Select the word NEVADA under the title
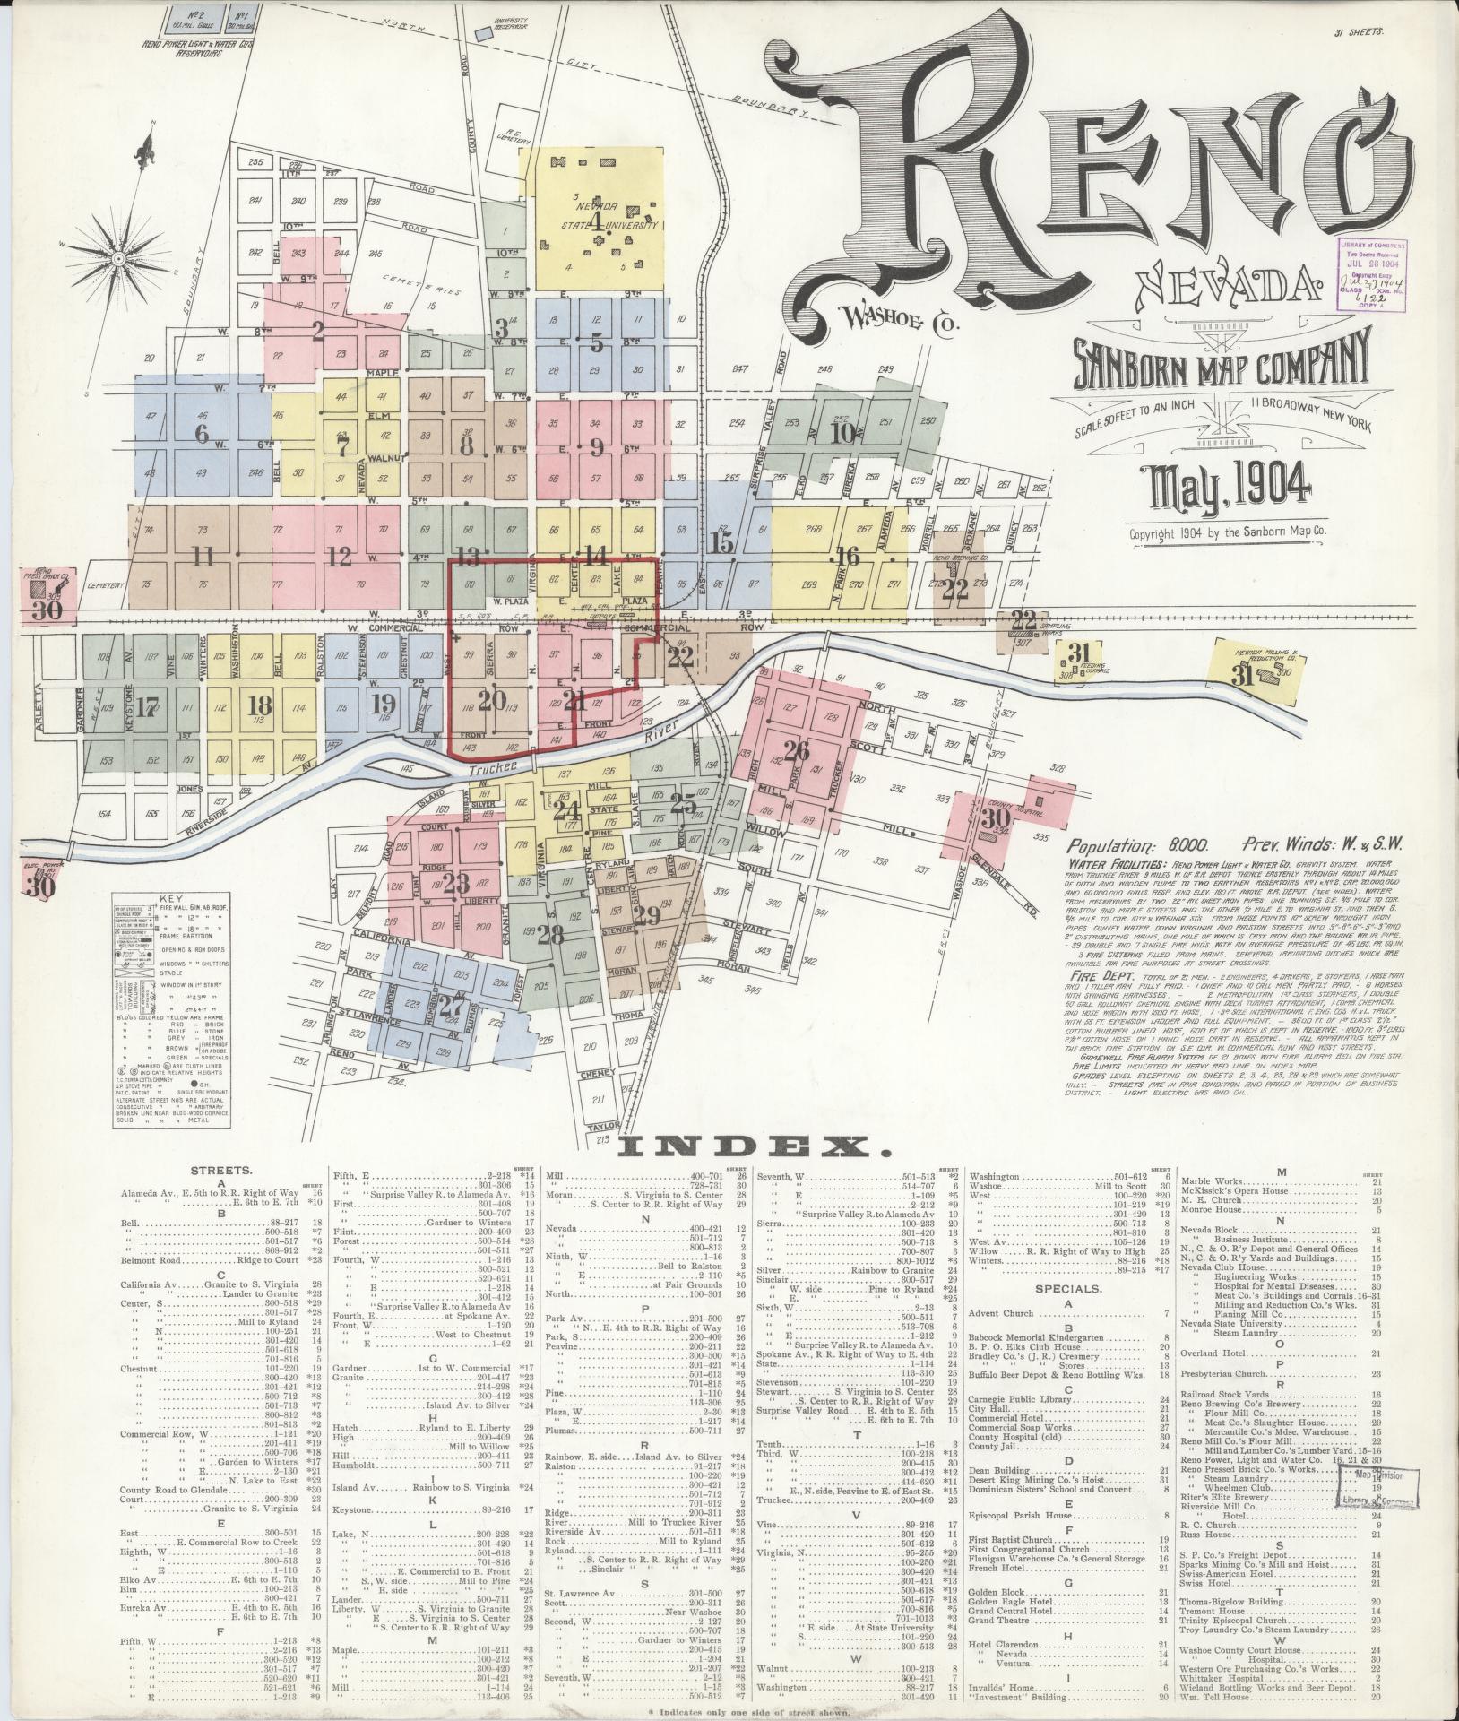click(1229, 287)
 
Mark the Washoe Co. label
click(899, 317)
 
